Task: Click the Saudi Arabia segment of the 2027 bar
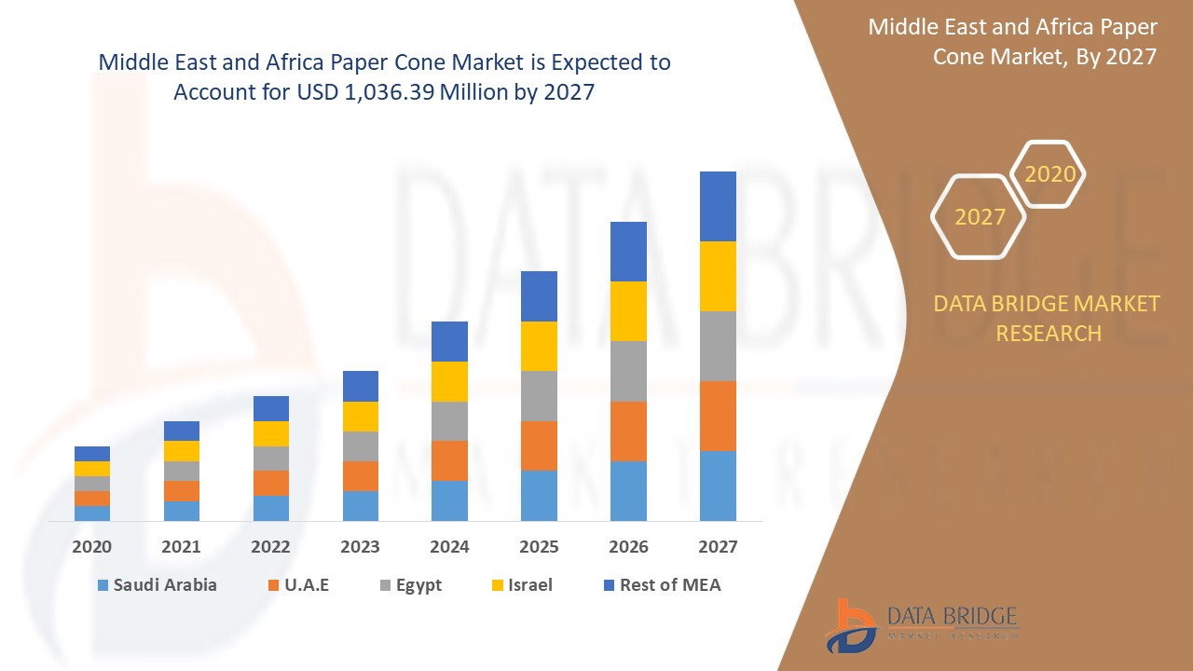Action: point(718,486)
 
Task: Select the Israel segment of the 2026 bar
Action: point(628,311)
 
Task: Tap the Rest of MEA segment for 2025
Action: point(539,296)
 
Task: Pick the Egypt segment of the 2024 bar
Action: point(449,421)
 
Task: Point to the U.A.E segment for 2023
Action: point(361,476)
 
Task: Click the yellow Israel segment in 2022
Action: point(271,433)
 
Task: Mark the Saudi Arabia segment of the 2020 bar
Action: point(92,514)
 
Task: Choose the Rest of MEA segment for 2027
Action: point(718,206)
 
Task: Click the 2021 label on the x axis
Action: point(181,547)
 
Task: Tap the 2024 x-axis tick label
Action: point(449,547)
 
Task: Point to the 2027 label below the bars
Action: point(718,547)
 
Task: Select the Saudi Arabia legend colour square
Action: point(102,585)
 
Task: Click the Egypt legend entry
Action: point(410,585)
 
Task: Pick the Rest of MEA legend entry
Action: point(662,585)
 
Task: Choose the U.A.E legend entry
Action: point(298,585)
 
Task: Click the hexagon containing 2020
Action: point(1049,174)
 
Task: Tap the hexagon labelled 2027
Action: point(980,216)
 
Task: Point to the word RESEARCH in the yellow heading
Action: point(1049,333)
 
